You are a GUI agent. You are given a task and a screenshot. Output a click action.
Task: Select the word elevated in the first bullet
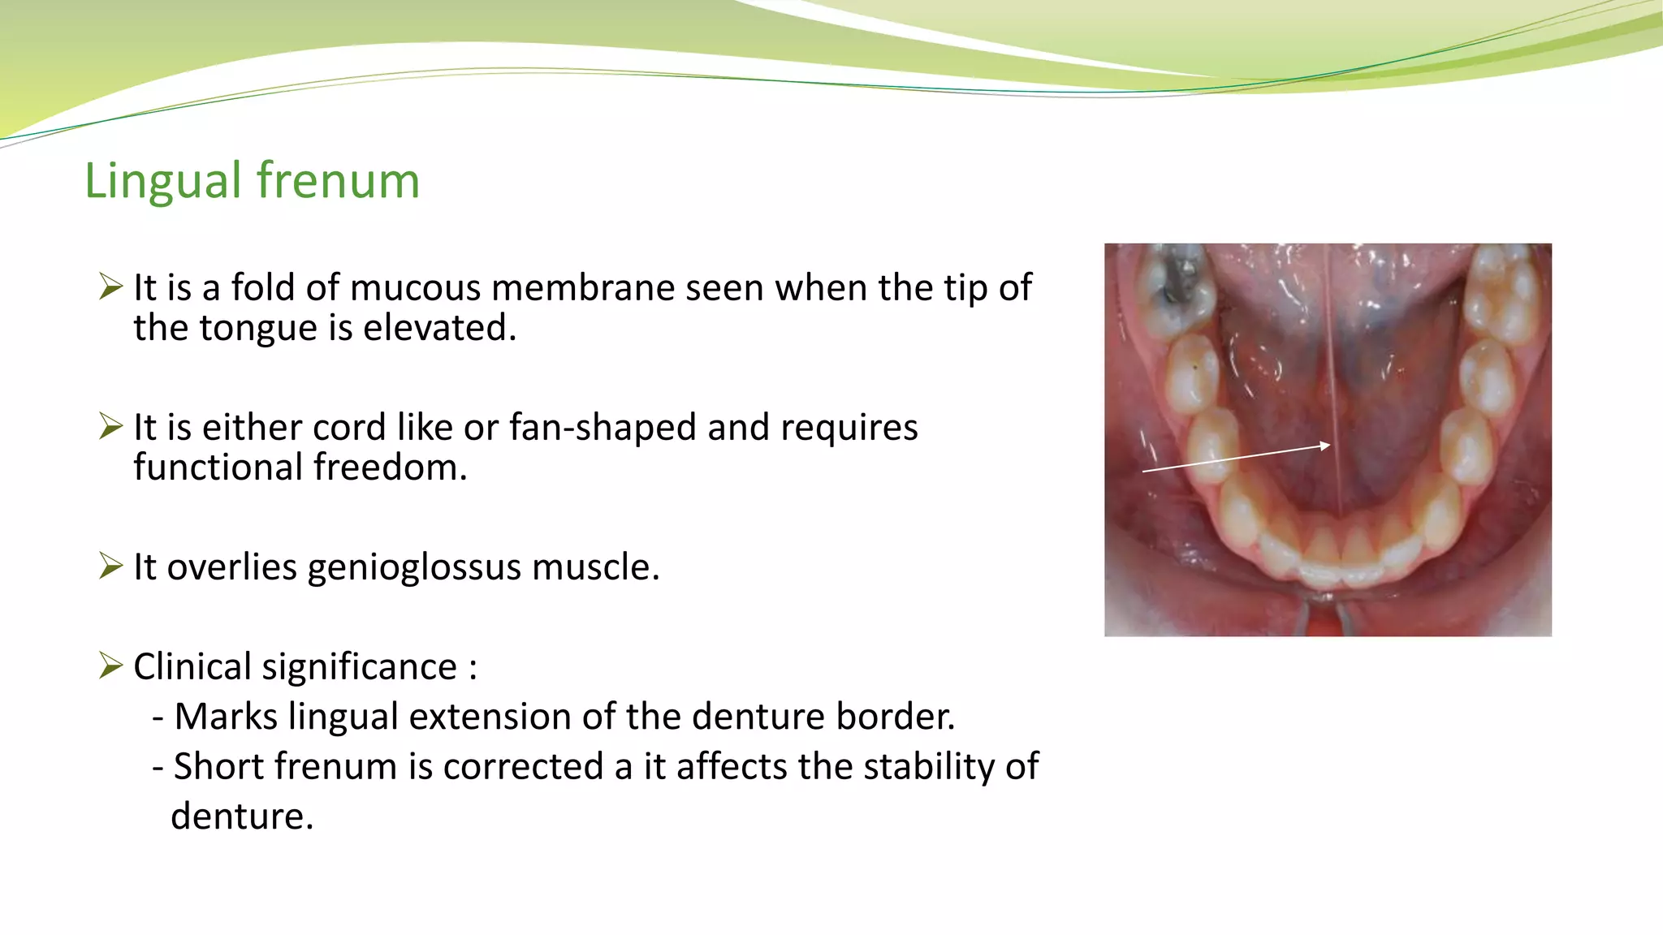pyautogui.click(x=438, y=328)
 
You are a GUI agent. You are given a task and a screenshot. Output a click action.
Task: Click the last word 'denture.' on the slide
pyautogui.click(x=242, y=817)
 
